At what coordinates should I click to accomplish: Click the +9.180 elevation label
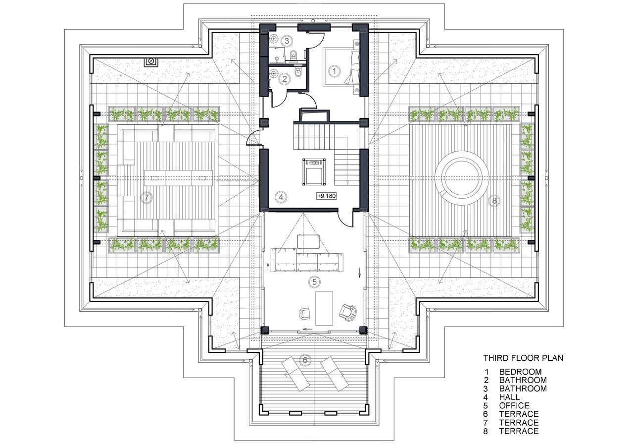(326, 196)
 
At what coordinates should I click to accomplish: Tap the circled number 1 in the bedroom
(334, 71)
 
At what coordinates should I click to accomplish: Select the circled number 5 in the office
(314, 281)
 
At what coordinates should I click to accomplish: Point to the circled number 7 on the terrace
(146, 197)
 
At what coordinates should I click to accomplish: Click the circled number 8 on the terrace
(494, 201)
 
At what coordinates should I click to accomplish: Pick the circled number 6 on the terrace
(305, 360)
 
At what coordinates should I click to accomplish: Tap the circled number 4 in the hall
(281, 197)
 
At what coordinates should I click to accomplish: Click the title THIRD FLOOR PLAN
(523, 358)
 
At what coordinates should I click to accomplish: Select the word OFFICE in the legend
(514, 406)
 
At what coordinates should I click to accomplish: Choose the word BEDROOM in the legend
(520, 372)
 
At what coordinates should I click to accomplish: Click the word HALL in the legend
(509, 397)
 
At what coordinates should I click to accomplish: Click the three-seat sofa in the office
(307, 259)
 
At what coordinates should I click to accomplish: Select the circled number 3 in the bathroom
(287, 41)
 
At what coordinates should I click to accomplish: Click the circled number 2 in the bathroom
(285, 79)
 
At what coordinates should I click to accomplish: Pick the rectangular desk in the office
(324, 308)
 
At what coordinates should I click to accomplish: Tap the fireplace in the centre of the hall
(314, 172)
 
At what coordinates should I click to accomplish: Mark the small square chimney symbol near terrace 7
(151, 62)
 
